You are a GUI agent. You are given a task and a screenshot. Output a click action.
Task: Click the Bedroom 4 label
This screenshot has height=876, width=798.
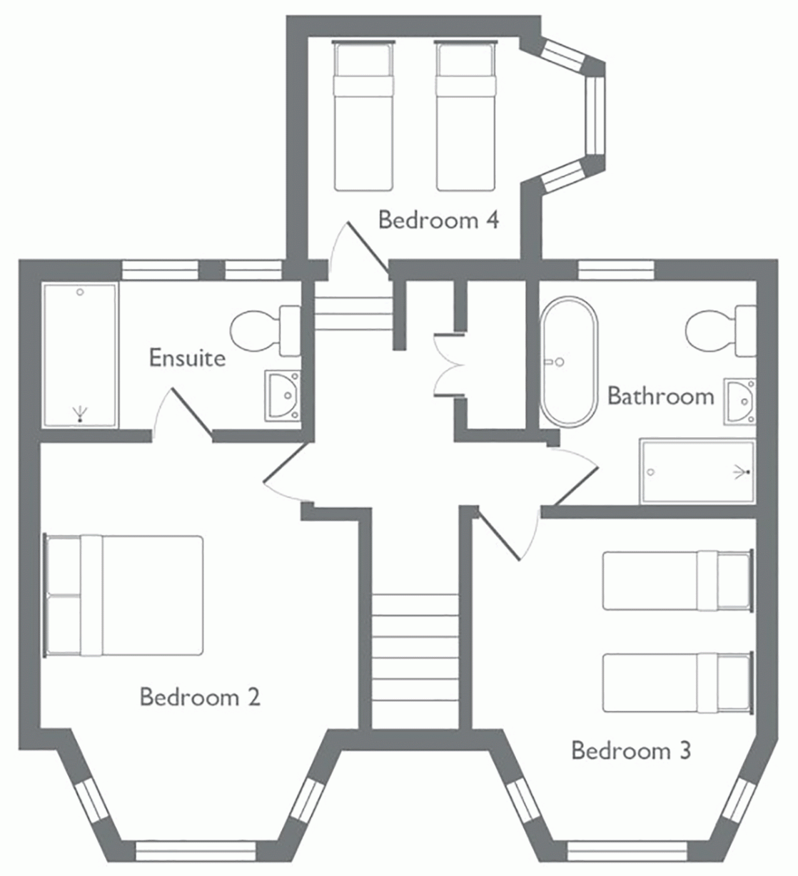438,220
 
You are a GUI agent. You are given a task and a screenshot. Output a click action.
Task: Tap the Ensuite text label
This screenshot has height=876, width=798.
188,357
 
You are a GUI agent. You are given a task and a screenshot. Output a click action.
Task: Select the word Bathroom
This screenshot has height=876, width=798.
661,396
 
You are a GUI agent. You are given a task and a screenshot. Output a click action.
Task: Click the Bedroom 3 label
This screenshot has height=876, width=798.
632,750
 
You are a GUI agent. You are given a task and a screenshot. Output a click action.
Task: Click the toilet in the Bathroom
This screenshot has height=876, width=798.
721,330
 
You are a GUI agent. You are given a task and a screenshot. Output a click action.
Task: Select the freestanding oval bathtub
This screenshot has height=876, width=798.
569,362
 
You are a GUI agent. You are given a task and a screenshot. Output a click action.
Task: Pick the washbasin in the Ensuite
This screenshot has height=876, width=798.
283,396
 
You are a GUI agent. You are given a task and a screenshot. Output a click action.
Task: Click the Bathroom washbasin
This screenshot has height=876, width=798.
739,402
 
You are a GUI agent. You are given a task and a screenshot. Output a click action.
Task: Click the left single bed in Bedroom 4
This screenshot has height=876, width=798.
363,116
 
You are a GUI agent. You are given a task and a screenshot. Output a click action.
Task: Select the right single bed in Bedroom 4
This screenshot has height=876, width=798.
466,116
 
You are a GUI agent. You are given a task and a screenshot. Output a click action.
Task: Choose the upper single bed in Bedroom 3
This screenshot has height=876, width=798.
678,581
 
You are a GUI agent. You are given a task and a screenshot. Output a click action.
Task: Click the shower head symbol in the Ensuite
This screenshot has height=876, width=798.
80,414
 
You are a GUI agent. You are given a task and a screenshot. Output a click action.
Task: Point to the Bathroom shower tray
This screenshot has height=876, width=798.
697,472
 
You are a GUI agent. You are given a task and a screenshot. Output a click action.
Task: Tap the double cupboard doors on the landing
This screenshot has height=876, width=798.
447,365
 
